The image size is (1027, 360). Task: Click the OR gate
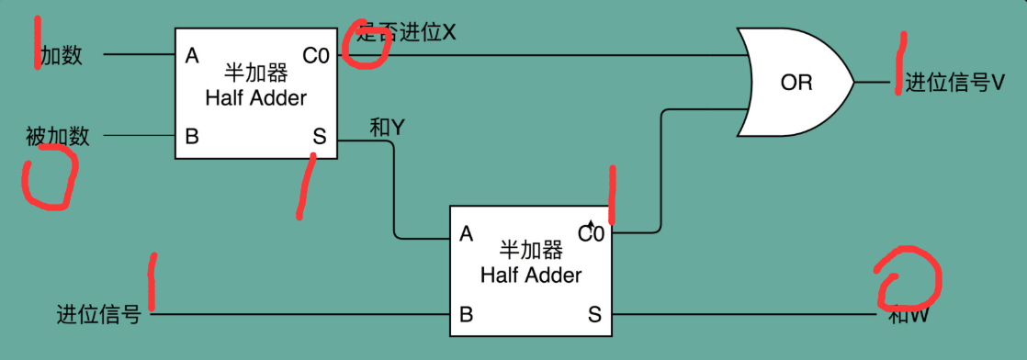796,83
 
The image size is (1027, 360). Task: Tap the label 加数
62,56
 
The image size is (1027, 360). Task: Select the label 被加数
58,137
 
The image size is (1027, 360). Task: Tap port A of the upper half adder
192,56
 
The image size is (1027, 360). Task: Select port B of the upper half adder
192,137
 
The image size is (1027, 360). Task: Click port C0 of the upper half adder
316,56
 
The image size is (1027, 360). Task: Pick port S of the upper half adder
319,137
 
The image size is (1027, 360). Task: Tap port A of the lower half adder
466,234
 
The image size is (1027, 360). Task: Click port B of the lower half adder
466,315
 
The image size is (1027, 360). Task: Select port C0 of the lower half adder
592,234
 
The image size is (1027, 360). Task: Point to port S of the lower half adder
594,315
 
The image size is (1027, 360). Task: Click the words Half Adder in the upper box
256,97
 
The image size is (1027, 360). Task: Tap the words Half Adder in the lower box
531,275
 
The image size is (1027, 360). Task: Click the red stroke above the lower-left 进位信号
151,282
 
